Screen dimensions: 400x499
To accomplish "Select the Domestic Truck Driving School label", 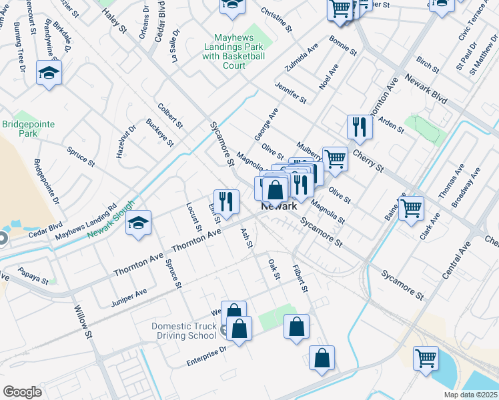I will pyautogui.click(x=184, y=331).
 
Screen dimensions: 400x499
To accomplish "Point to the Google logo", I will pyautogui.click(x=22, y=391).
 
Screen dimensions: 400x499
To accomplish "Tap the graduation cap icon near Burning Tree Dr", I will pyautogui.click(x=49, y=72).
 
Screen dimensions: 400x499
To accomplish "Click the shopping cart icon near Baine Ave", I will pyautogui.click(x=411, y=207).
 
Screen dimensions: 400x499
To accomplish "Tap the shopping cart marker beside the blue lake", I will pyautogui.click(x=425, y=357).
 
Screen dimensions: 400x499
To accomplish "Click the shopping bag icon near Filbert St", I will pyautogui.click(x=296, y=327).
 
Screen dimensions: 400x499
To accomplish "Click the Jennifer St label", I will pyautogui.click(x=291, y=93).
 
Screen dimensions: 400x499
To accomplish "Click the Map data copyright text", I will pyautogui.click(x=471, y=395).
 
